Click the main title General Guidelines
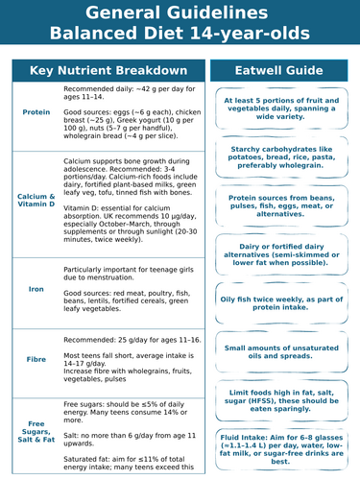[x=180, y=13]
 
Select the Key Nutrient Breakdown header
[x=108, y=71]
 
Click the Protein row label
[x=36, y=112]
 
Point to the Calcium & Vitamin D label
[x=36, y=200]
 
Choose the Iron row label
[x=36, y=288]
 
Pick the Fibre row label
[x=36, y=359]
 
